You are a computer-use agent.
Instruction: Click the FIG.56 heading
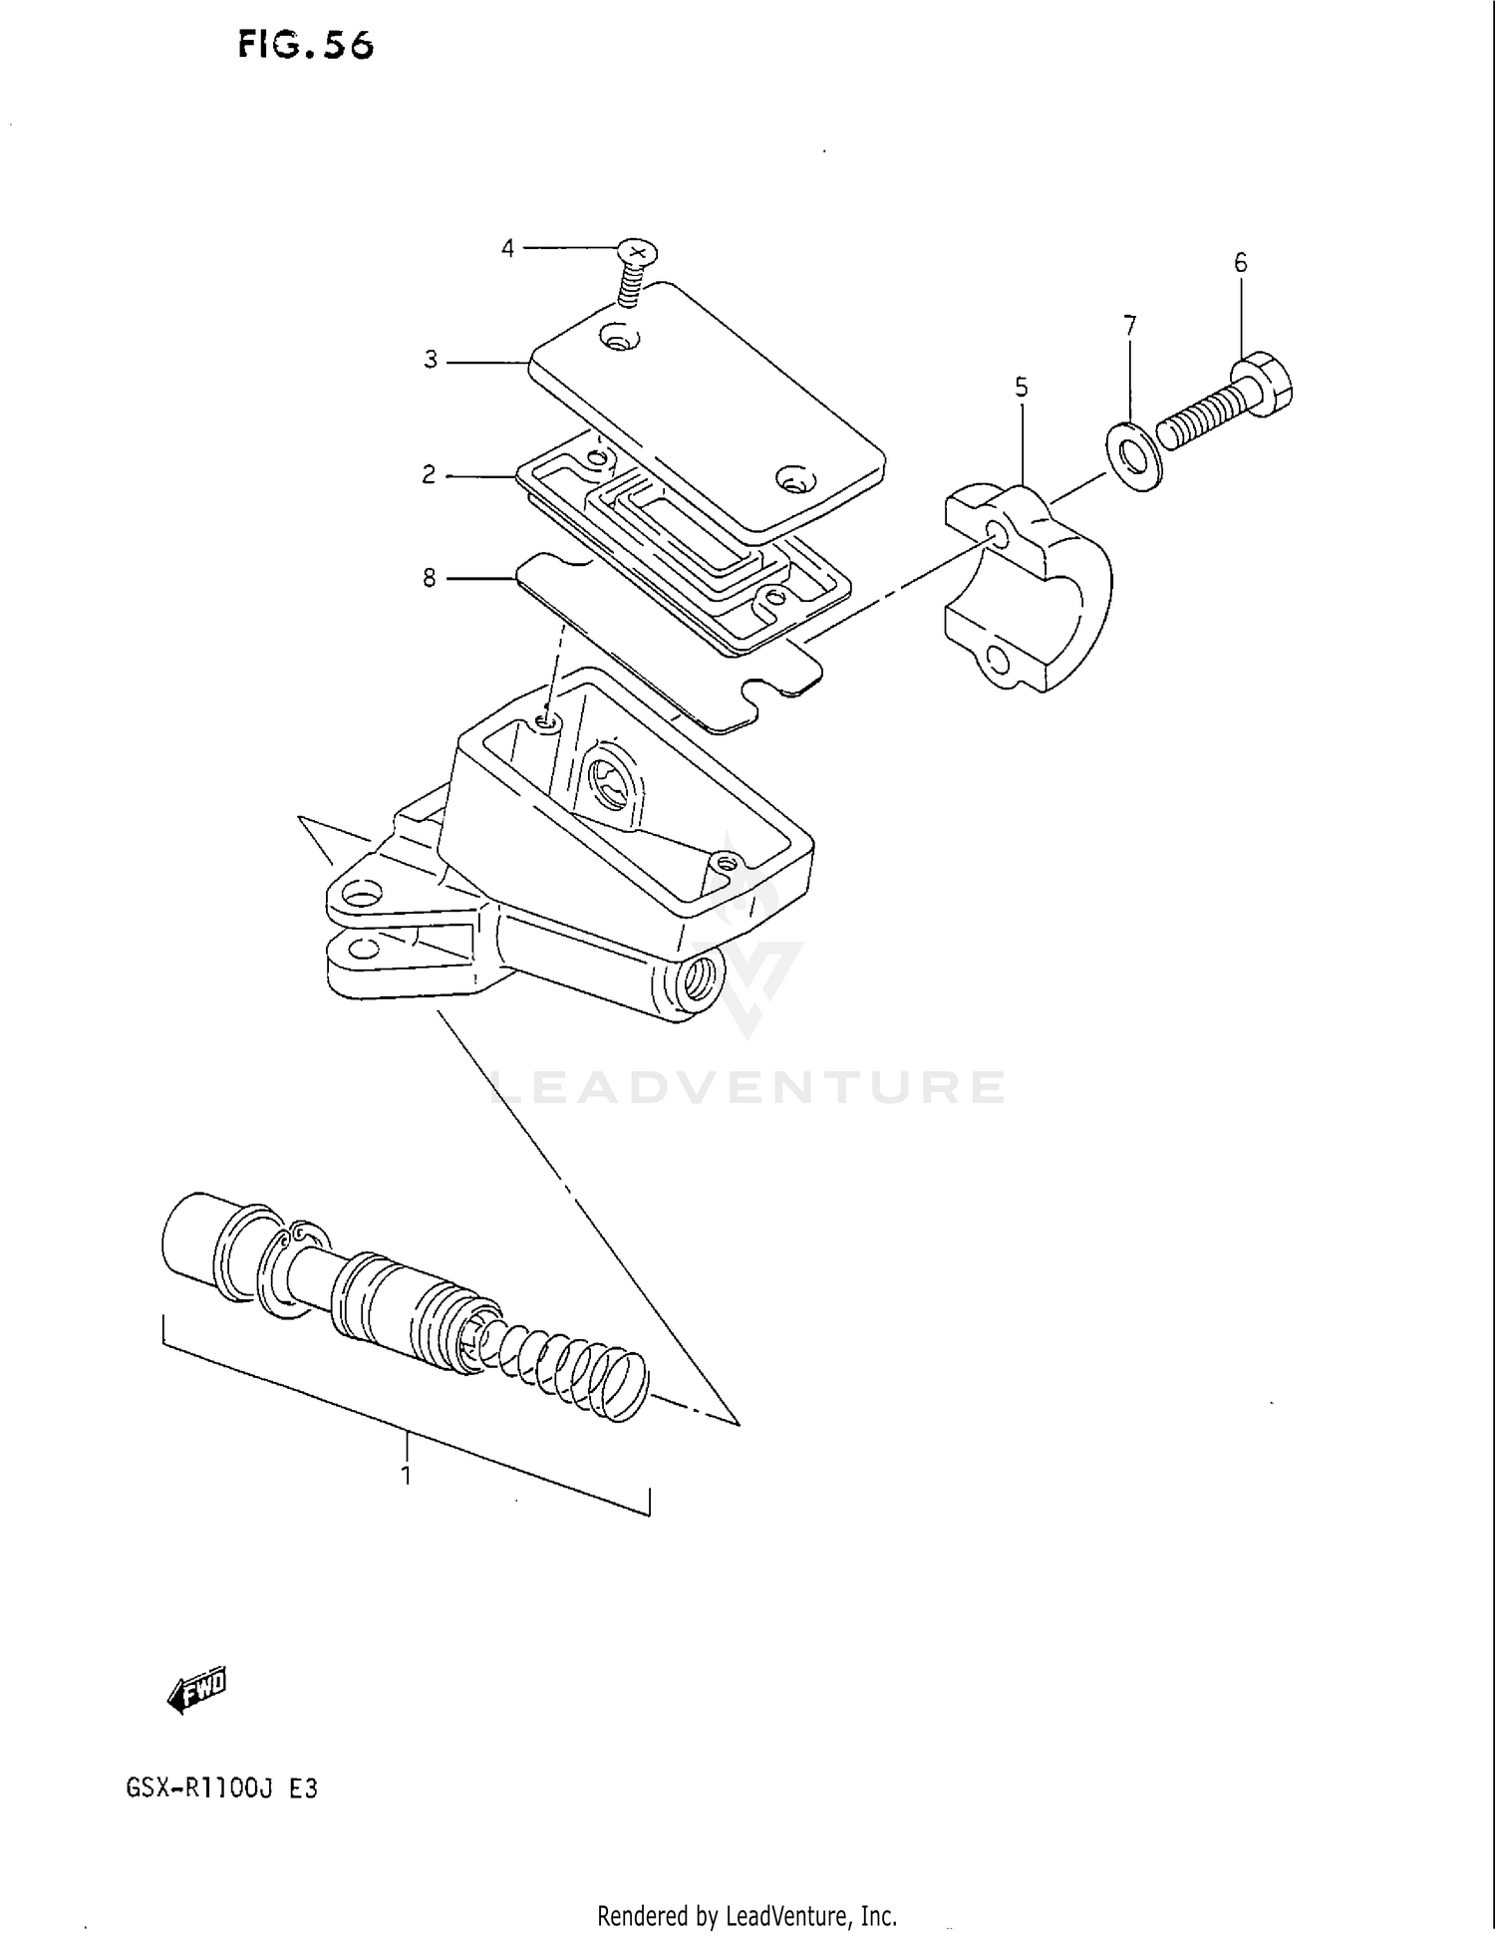pyautogui.click(x=305, y=45)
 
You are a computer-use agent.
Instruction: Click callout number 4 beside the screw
pyautogui.click(x=507, y=248)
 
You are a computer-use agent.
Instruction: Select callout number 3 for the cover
pyautogui.click(x=431, y=360)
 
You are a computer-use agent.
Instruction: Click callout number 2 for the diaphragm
pyautogui.click(x=429, y=475)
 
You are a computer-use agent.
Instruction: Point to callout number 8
pyautogui.click(x=430, y=578)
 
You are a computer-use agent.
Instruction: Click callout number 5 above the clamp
pyautogui.click(x=1022, y=387)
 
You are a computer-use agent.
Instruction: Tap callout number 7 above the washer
pyautogui.click(x=1129, y=326)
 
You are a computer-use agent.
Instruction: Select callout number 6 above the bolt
pyautogui.click(x=1240, y=263)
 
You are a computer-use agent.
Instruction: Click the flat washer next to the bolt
pyautogui.click(x=1132, y=456)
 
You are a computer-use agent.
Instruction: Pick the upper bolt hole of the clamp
pyautogui.click(x=999, y=533)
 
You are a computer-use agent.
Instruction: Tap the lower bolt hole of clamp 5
pyautogui.click(x=995, y=659)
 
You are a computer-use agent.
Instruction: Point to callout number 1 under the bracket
pyautogui.click(x=407, y=1476)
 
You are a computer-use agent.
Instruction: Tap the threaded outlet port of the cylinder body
pyautogui.click(x=697, y=980)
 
